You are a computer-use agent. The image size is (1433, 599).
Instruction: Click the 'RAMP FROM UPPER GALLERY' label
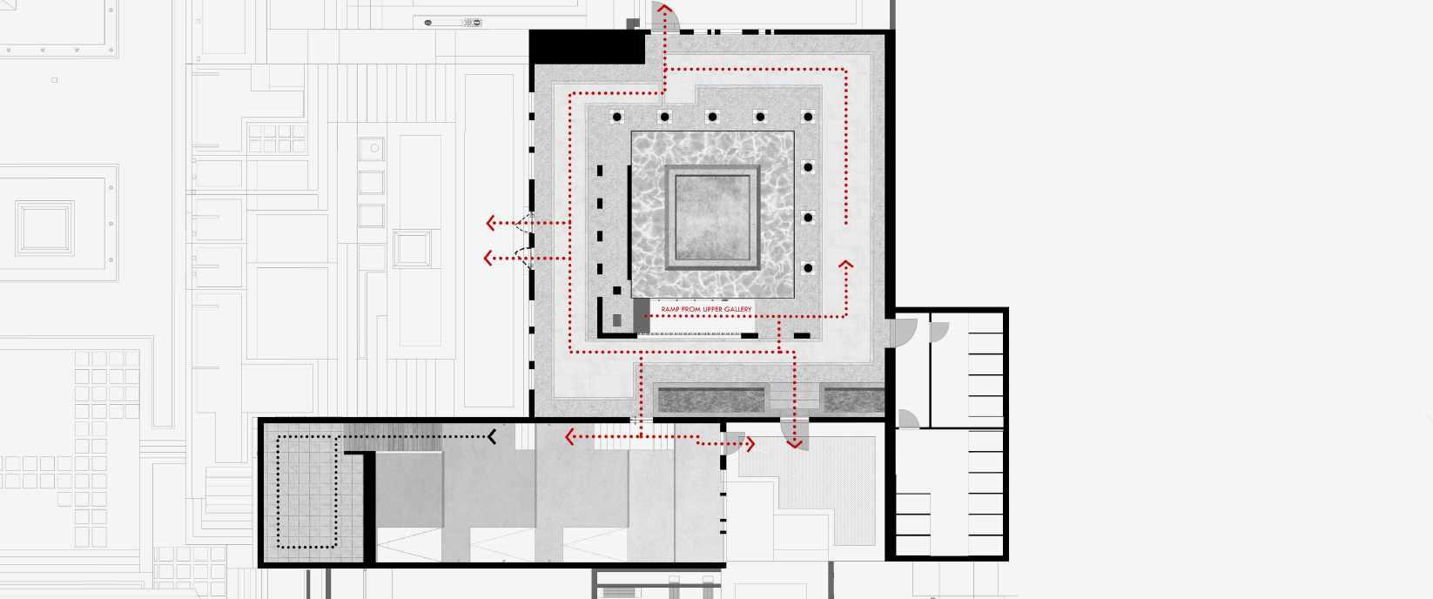(x=706, y=309)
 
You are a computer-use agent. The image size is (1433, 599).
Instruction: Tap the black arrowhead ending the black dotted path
(x=493, y=436)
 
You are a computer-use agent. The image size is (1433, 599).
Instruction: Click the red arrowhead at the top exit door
(x=664, y=10)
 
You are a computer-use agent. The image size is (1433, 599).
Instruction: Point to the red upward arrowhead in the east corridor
(x=845, y=264)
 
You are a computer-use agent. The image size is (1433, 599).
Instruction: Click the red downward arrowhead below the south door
(x=794, y=443)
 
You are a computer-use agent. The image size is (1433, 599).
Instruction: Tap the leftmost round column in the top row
(x=616, y=117)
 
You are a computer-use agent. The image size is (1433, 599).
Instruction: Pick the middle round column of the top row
(x=712, y=117)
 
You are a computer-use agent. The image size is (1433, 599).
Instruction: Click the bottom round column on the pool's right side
(x=808, y=268)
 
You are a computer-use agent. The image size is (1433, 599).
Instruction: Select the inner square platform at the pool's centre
(x=712, y=217)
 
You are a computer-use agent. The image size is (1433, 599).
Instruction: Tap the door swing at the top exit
(x=657, y=15)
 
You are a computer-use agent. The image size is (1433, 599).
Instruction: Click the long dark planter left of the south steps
(x=710, y=400)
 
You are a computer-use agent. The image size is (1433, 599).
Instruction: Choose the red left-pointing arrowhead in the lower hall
(x=570, y=436)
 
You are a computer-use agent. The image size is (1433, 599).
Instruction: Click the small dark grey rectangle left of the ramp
(x=617, y=320)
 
